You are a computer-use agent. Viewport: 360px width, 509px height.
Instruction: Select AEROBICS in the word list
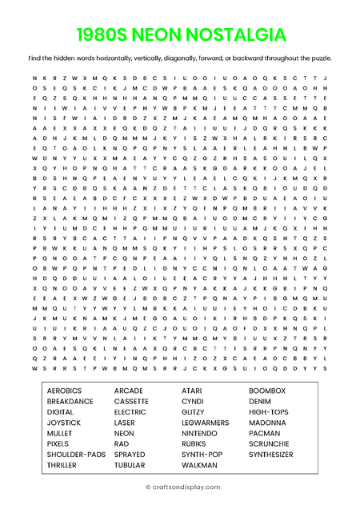(x=65, y=391)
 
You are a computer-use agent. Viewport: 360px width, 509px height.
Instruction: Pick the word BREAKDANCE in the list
(x=70, y=401)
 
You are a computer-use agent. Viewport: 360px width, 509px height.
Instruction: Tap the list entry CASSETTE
(x=131, y=401)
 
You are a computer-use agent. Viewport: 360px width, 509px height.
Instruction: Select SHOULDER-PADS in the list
(x=76, y=454)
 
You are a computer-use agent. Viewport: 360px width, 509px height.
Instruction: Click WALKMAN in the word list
(x=199, y=465)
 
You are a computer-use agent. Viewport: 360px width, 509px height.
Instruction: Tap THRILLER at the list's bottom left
(x=62, y=465)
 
